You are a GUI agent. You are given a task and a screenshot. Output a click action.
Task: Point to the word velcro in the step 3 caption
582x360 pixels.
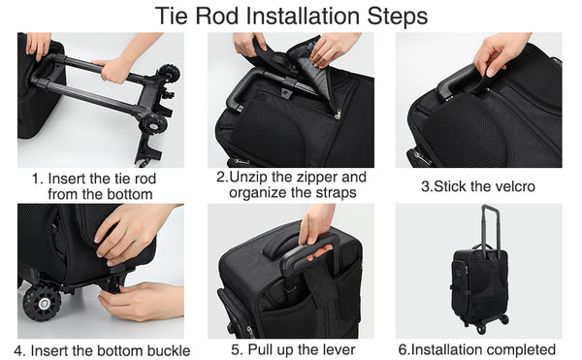pos(513,186)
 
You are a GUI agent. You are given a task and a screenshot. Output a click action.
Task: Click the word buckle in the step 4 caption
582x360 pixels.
pos(169,350)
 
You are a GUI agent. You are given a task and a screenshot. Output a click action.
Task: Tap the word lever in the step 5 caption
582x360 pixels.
pos(338,349)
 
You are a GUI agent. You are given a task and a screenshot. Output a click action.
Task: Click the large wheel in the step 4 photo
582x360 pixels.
pos(41,303)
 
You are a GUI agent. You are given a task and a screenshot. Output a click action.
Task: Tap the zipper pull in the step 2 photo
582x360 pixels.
pos(337,114)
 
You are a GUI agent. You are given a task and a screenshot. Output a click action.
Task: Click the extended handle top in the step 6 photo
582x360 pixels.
pos(489,207)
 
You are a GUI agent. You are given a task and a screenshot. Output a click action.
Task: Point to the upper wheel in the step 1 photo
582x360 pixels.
pos(169,74)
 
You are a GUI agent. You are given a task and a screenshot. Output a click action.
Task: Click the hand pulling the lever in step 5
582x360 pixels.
pos(314,238)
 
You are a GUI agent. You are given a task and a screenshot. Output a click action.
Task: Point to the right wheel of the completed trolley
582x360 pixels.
pos(503,319)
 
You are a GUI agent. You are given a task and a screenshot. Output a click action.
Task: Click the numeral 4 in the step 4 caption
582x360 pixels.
pos(18,350)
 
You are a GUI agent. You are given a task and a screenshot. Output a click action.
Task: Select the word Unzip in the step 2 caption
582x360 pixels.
pos(247,178)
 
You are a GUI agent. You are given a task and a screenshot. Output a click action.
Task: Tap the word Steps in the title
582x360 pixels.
pos(398,16)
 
